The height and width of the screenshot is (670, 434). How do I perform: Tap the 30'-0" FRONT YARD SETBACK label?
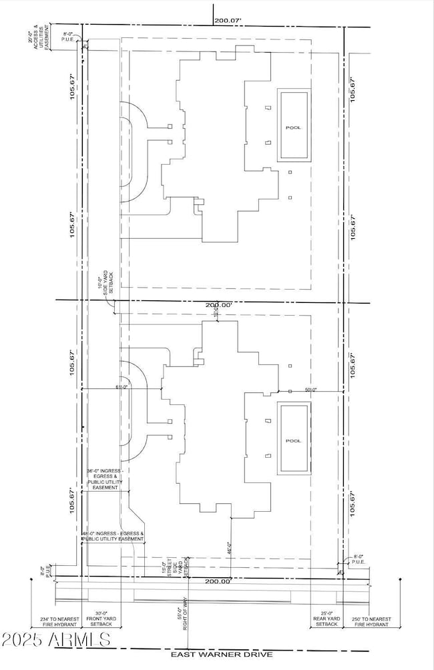pyautogui.click(x=101, y=623)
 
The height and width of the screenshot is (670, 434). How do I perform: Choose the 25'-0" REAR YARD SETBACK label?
pyautogui.click(x=327, y=623)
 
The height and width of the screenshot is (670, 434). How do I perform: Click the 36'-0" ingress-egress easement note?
pyautogui.click(x=103, y=478)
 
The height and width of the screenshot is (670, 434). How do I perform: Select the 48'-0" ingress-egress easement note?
pyautogui.click(x=112, y=537)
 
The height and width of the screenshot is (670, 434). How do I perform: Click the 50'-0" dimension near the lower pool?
pyautogui.click(x=310, y=389)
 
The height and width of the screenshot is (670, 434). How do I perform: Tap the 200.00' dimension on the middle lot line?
pyautogui.click(x=218, y=304)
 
